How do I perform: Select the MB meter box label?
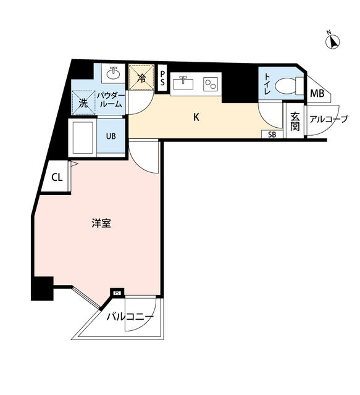point(317,94)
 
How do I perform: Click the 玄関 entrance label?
point(295,122)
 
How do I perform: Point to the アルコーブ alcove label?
point(329,119)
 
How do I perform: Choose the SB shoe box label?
point(272,135)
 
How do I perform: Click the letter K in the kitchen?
point(196,117)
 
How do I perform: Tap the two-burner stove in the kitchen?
point(211,84)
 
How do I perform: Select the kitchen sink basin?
point(183,83)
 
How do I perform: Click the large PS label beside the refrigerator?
point(162,78)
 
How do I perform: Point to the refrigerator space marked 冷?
point(141,77)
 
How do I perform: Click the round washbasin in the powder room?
point(113,73)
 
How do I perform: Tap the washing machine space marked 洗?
point(83,103)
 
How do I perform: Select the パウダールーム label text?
point(111,100)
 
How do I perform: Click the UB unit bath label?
point(111,136)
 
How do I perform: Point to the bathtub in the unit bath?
point(83,137)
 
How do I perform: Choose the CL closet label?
point(57,178)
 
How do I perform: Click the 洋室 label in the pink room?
point(101,223)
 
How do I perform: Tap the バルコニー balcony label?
point(130,317)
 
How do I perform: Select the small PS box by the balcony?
point(117,293)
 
